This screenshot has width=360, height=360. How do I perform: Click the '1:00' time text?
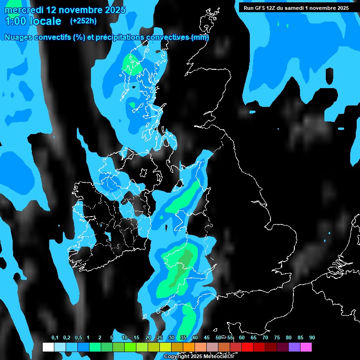pyautogui.click(x=15, y=22)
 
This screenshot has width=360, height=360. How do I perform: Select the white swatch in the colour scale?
pyautogui.click(x=48, y=347)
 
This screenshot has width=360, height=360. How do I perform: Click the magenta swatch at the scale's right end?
pyautogui.click(x=306, y=347)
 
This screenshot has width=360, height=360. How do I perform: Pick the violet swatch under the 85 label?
pyautogui.click(x=294, y=347)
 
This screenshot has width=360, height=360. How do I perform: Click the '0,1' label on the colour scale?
pyautogui.click(x=55, y=338)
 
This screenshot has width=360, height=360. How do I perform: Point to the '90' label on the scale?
pyautogui.click(x=312, y=338)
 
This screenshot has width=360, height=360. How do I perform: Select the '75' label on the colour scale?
pyautogui.click(x=277, y=338)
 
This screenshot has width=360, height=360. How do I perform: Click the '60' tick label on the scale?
pyautogui.click(x=242, y=338)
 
